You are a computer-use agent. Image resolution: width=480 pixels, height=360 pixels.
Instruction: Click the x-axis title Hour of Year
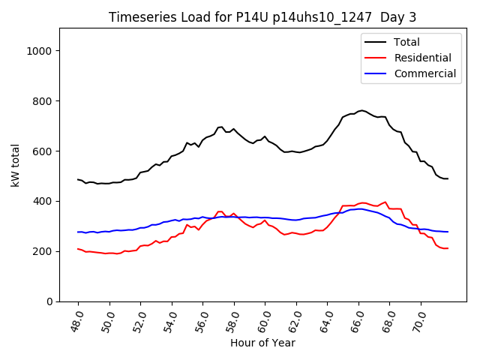tap(262, 343)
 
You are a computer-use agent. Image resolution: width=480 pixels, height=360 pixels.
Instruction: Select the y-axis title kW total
tap(16, 165)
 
